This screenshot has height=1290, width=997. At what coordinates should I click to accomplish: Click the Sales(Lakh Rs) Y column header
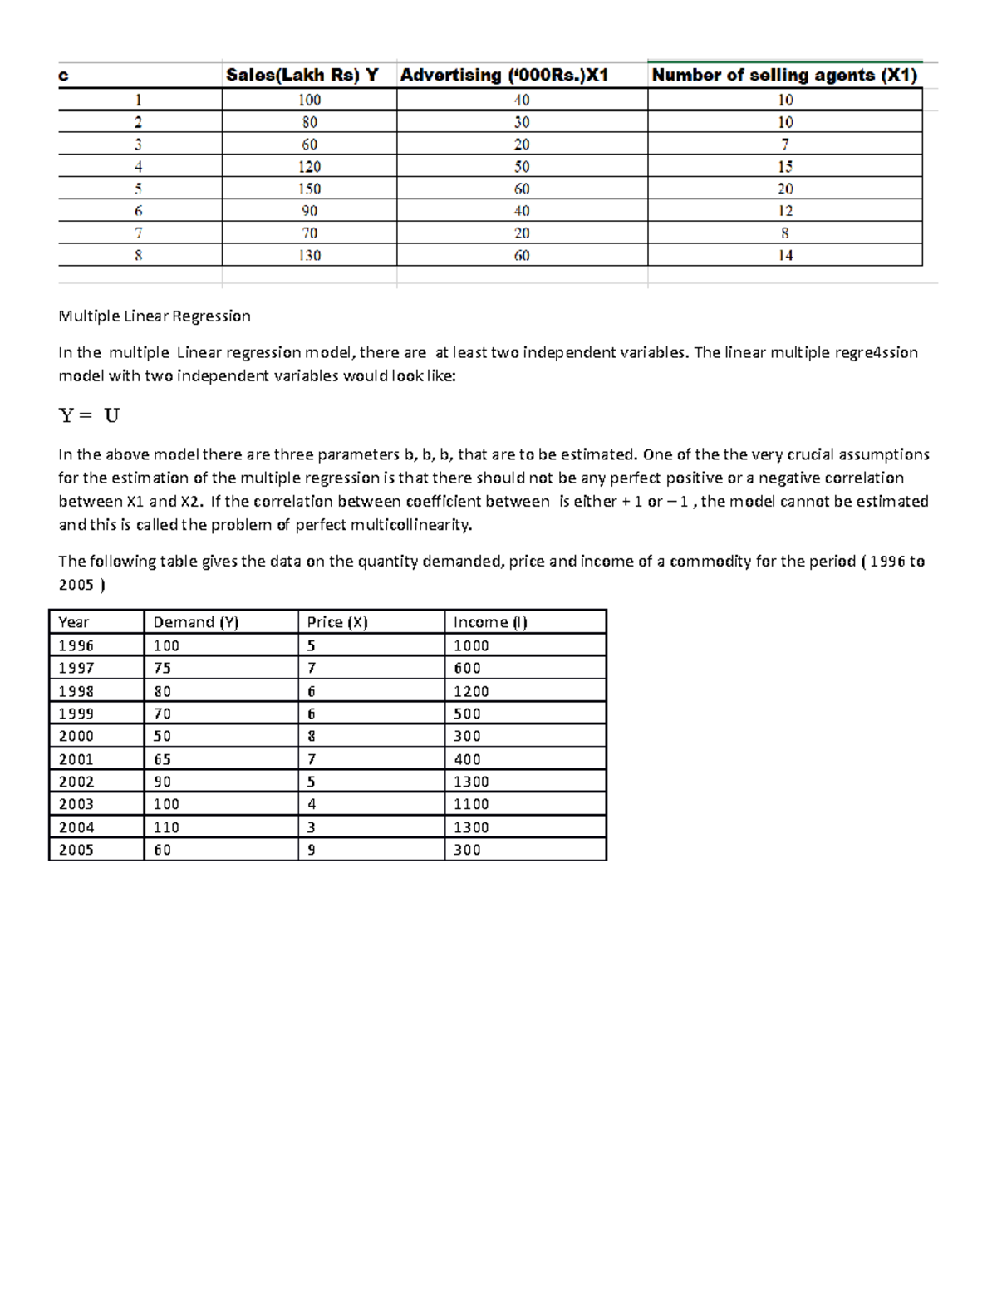302,76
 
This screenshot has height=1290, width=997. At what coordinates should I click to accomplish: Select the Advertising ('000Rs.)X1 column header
504,76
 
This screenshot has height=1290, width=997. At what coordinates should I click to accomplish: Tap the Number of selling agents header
784,76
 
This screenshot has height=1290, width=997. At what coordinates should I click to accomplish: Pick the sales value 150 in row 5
309,189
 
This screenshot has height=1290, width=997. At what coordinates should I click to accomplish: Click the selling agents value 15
785,166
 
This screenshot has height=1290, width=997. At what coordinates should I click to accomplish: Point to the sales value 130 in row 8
309,255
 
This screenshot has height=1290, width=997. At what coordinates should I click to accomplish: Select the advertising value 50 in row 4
521,166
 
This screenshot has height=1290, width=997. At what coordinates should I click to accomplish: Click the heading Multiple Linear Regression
154,316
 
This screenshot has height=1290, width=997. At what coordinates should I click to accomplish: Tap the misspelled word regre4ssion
877,352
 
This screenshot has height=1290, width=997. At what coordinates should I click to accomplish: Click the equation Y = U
89,415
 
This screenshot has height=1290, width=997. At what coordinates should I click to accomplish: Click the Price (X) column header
336,622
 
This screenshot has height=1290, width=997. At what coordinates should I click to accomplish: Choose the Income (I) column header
490,622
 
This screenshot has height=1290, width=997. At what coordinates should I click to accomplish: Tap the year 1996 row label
76,645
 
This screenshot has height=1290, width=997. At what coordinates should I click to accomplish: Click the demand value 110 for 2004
166,827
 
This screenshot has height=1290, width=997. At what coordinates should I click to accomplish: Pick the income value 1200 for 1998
471,691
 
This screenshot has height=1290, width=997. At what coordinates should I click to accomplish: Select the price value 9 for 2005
312,850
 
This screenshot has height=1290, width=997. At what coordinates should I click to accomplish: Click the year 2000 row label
76,736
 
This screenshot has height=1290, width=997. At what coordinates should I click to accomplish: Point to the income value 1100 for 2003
471,804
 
